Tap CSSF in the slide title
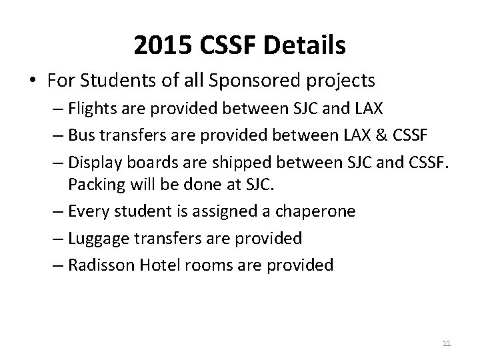pos(228,45)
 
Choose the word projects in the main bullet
pos(342,81)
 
